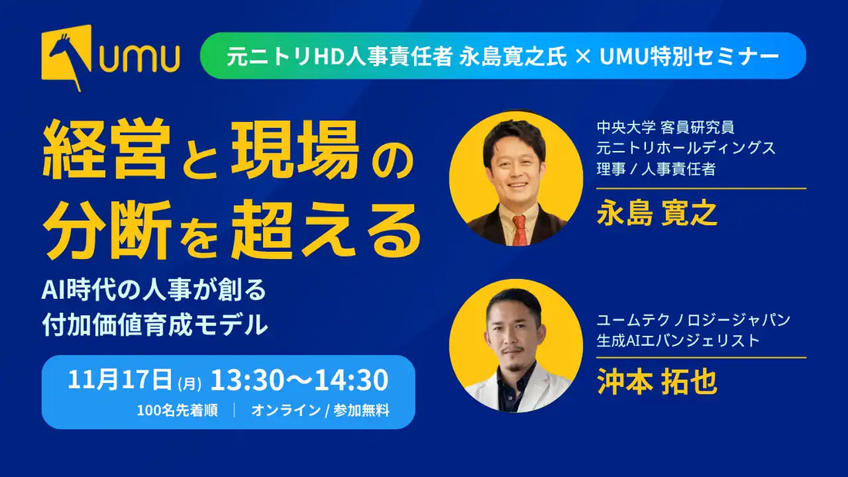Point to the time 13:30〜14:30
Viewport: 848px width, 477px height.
tap(299, 380)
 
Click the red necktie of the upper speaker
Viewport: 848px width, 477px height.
tap(519, 229)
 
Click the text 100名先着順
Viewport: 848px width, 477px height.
tap(177, 411)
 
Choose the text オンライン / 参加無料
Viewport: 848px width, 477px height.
tap(320, 411)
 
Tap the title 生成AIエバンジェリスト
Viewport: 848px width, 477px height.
tap(678, 339)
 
